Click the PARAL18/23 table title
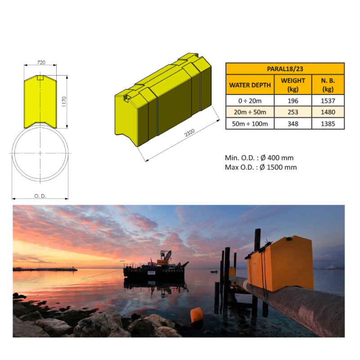[x=285, y=68]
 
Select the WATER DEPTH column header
[x=250, y=85]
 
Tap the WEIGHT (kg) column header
[x=292, y=85]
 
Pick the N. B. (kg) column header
[x=328, y=85]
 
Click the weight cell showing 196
[x=292, y=100]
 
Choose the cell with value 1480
[x=328, y=112]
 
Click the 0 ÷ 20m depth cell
[x=250, y=100]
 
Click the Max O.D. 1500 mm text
[x=261, y=167]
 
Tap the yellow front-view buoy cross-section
[x=40, y=101]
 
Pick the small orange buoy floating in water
[x=196, y=315]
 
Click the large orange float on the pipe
[x=283, y=263]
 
